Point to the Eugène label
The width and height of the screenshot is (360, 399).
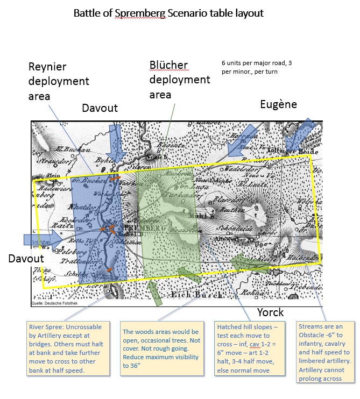point(278,104)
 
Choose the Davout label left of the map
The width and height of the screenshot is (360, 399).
point(26,259)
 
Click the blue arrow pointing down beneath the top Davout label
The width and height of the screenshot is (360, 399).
point(117,142)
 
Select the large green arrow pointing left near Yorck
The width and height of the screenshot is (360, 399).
point(250,263)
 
